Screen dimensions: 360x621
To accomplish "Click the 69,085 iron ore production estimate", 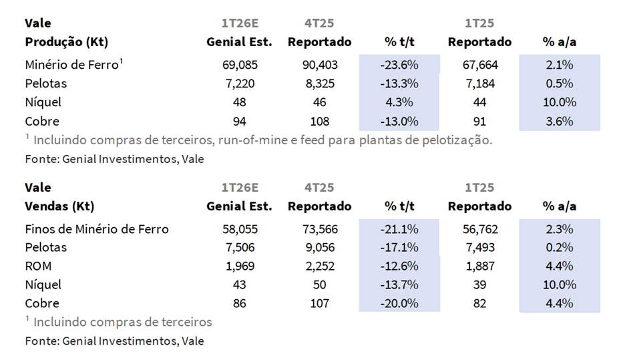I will (239, 65).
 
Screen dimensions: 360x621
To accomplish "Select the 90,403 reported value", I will (319, 65).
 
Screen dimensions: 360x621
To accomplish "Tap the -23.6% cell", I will (399, 65).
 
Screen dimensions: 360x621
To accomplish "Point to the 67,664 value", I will (479, 65).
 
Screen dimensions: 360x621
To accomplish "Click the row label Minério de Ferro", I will (72, 65).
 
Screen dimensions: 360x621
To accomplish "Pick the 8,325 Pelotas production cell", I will (319, 84).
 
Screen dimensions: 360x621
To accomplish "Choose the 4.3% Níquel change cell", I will (399, 103).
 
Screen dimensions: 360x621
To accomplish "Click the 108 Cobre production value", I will (319, 122).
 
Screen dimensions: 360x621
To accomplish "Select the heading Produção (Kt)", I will (66, 41).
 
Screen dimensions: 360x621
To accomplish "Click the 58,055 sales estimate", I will (239, 229).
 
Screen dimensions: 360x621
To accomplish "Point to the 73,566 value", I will (319, 229).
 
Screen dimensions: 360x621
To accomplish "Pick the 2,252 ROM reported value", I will (319, 266).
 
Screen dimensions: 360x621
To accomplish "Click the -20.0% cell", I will (399, 303).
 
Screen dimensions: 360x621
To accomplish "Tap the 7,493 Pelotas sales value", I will (479, 248).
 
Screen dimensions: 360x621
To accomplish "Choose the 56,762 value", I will (479, 229).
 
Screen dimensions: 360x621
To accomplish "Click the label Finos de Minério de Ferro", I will (97, 229).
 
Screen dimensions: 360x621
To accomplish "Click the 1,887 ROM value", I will (479, 266).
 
